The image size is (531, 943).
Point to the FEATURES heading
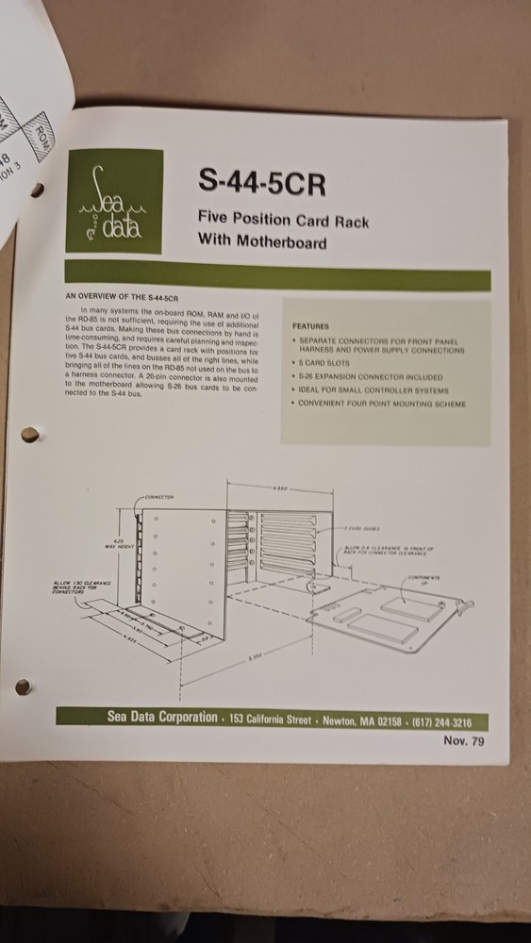point(309,326)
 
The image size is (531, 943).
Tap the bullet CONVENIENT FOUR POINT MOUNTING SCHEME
point(380,405)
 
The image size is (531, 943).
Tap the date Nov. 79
point(463,740)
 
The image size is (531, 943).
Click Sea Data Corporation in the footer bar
point(161,718)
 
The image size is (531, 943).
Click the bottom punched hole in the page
point(24,686)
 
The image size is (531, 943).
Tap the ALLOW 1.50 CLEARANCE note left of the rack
point(84,587)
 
